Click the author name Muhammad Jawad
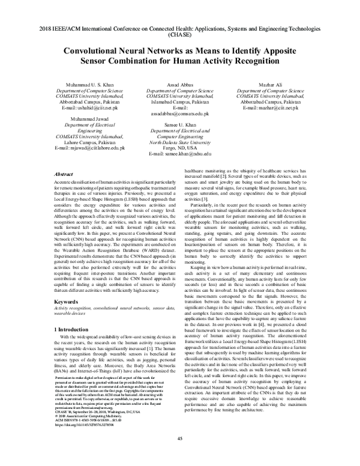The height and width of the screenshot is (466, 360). click(89, 119)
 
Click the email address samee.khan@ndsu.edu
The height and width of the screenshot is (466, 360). click(179, 154)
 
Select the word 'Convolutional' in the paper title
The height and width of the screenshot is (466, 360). click(98, 52)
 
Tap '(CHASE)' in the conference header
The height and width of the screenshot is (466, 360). click(179, 35)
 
